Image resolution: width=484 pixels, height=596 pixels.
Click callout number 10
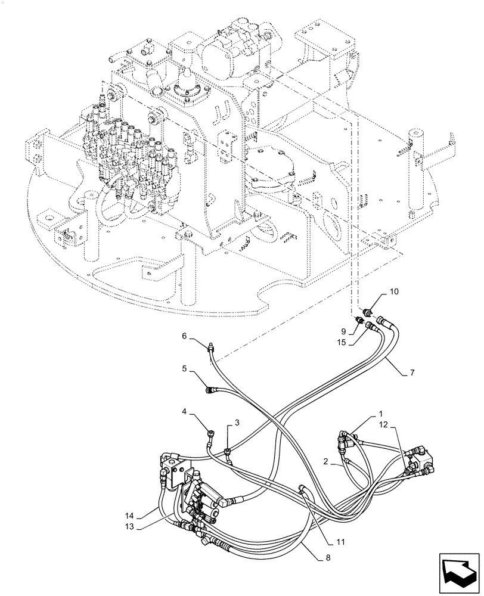pyautogui.click(x=394, y=291)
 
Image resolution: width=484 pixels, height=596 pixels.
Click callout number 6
pyautogui.click(x=185, y=336)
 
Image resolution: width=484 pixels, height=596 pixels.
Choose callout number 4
pyautogui.click(x=185, y=411)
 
